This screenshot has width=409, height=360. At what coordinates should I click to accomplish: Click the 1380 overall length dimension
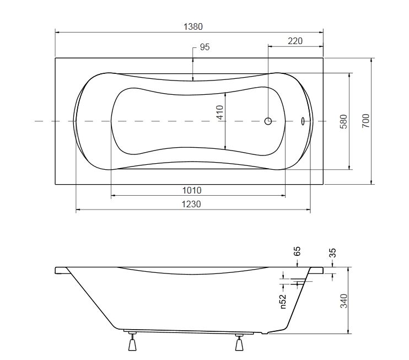coord(193,26)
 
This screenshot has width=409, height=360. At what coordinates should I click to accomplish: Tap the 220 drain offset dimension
coord(295,41)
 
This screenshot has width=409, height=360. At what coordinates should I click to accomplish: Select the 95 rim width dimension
coord(204,47)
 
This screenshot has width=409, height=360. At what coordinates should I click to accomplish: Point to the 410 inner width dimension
coord(220,112)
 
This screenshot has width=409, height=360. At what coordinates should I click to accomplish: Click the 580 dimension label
coord(344,121)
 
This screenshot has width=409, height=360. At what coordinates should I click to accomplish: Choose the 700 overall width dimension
coord(365,121)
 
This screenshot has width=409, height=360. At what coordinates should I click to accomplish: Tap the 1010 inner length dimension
coord(192,190)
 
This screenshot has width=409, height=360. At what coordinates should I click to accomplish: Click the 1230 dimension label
coord(191,204)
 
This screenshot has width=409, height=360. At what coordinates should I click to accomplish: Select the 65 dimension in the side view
coord(297,251)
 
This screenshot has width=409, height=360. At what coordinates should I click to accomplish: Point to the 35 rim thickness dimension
coord(332,253)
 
